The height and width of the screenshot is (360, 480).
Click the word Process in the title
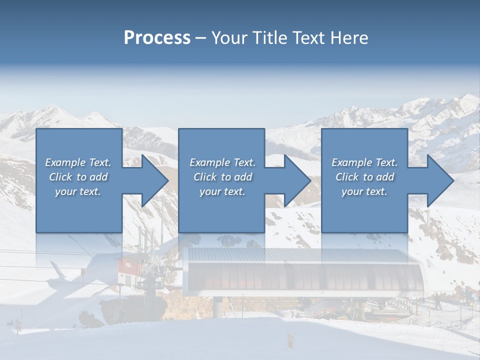point(157,38)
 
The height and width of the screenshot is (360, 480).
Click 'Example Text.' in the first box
point(78,162)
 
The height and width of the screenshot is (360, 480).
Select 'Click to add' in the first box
point(78,177)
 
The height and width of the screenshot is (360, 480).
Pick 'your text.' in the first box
point(78,191)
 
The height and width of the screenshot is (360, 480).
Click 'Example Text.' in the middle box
point(222,162)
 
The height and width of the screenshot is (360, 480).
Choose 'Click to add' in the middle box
point(222,177)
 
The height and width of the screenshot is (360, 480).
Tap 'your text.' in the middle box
point(222,191)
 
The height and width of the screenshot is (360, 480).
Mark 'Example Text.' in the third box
point(364,162)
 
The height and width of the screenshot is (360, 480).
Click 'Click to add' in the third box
point(364,177)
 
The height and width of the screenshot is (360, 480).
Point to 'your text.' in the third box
point(364,191)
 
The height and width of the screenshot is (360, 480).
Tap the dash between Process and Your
point(200,38)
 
